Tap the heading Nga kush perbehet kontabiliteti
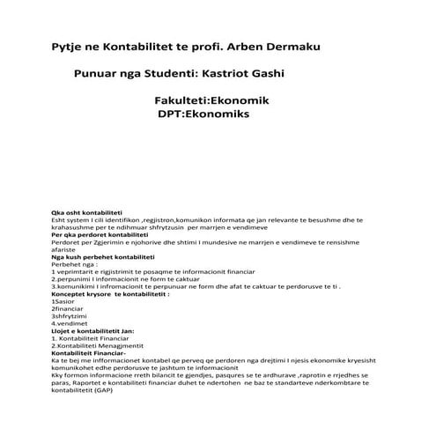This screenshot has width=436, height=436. click(102, 256)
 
